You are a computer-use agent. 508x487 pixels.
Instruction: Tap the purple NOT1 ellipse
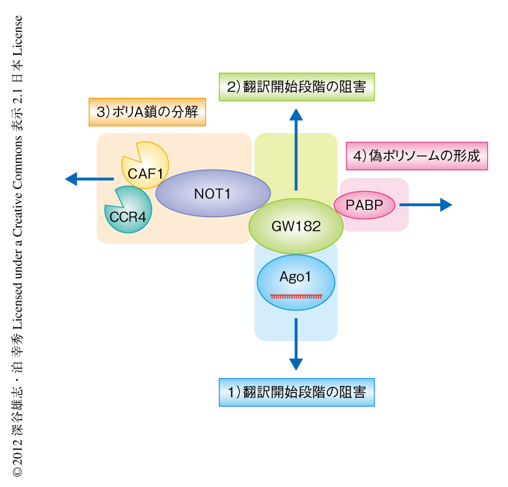[x=213, y=194]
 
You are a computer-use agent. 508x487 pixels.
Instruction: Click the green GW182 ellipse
[x=296, y=226]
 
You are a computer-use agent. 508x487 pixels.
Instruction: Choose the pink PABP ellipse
[x=365, y=205]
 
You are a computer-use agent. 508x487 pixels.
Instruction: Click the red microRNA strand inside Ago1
[x=296, y=296]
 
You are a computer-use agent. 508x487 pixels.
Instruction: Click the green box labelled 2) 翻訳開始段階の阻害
[x=296, y=86]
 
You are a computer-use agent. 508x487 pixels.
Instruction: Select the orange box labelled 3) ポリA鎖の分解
[x=147, y=111]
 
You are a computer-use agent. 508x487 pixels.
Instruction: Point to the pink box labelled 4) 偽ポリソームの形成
[x=416, y=156]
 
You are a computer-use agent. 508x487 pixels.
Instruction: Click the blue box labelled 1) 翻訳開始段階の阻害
[x=296, y=392]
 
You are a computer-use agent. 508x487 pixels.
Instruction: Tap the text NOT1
[x=213, y=194]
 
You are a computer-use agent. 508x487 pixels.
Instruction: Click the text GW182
[x=296, y=227]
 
